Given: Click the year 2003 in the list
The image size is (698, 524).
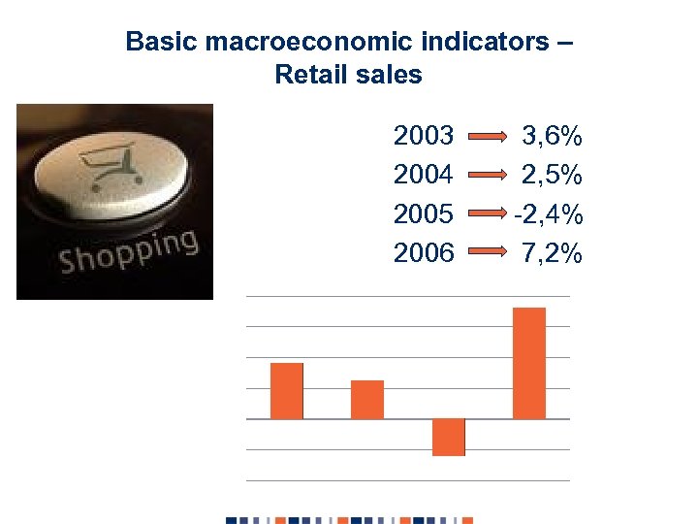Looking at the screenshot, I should click(x=424, y=135).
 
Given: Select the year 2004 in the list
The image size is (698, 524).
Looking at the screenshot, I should click(x=424, y=175).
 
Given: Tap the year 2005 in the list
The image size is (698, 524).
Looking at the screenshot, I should click(x=424, y=213).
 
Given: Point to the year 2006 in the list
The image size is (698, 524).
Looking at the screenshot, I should click(x=424, y=253).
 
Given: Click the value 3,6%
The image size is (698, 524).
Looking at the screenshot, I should click(x=553, y=135).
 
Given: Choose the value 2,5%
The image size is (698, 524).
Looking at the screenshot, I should click(x=552, y=175).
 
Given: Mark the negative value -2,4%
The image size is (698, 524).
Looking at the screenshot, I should click(x=548, y=213).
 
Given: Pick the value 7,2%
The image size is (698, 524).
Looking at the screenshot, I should click(x=552, y=253).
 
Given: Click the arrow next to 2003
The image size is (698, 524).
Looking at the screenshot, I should click(x=489, y=136).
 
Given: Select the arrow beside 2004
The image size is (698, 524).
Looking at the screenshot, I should click(x=489, y=176).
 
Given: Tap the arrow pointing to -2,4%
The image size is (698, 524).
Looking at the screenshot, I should click(x=489, y=214).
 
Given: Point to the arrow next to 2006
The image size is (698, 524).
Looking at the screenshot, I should click(x=489, y=254).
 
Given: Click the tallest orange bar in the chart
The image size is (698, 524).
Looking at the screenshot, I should click(x=529, y=363).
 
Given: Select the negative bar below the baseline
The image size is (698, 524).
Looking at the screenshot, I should click(x=449, y=437).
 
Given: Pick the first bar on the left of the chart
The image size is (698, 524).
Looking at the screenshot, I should click(x=287, y=391).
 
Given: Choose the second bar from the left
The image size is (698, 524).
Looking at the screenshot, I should click(x=367, y=400).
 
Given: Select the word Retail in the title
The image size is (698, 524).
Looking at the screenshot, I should click(x=308, y=74).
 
